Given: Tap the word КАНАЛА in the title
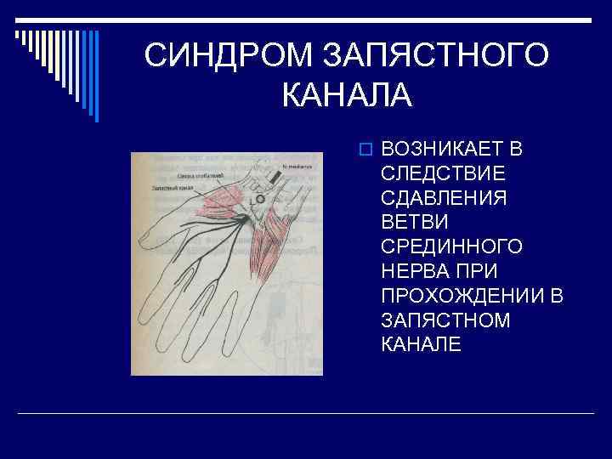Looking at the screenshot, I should pyautogui.click(x=346, y=94).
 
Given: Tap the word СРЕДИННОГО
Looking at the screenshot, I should pyautogui.click(x=451, y=246).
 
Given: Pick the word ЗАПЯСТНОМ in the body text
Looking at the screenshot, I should pyautogui.click(x=445, y=320).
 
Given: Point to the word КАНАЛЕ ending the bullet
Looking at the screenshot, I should pyautogui.click(x=422, y=343).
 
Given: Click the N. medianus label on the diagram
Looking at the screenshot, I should pyautogui.click(x=298, y=167).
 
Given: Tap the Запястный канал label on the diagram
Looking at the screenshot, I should pyautogui.click(x=173, y=187).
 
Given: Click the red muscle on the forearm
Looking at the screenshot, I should pyautogui.click(x=270, y=242).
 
